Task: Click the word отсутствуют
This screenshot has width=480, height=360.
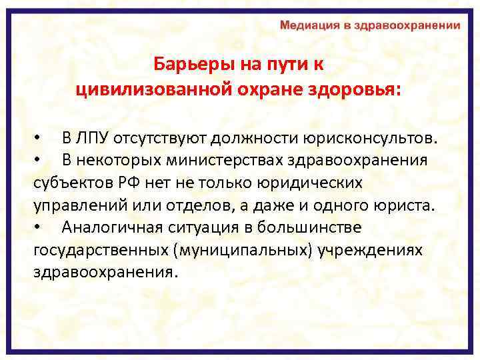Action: tap(161, 139)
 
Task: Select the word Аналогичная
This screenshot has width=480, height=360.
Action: tap(109, 227)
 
